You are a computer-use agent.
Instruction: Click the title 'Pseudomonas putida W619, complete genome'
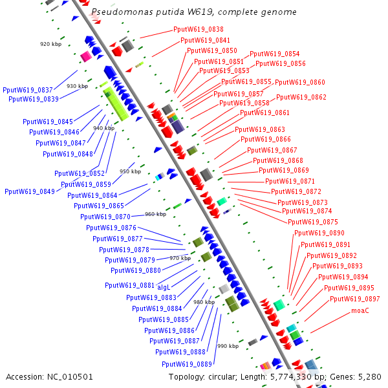[194, 12]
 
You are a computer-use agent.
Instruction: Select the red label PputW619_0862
[301, 98]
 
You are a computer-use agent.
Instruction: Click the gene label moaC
[360, 311]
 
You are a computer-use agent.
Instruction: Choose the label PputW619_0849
[29, 191]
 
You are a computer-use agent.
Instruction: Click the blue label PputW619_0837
[28, 91]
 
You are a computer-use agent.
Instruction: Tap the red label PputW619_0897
[354, 299]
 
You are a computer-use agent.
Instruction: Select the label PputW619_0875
[312, 222]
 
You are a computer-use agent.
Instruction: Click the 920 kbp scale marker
[50, 44]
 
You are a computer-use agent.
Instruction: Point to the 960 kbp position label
[155, 214]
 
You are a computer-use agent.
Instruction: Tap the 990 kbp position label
[228, 346]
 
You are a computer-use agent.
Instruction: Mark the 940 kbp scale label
[103, 128]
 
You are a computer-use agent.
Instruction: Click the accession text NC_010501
[50, 377]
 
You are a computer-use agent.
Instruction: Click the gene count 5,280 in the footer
[371, 377]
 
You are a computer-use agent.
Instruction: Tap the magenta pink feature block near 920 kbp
[85, 57]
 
